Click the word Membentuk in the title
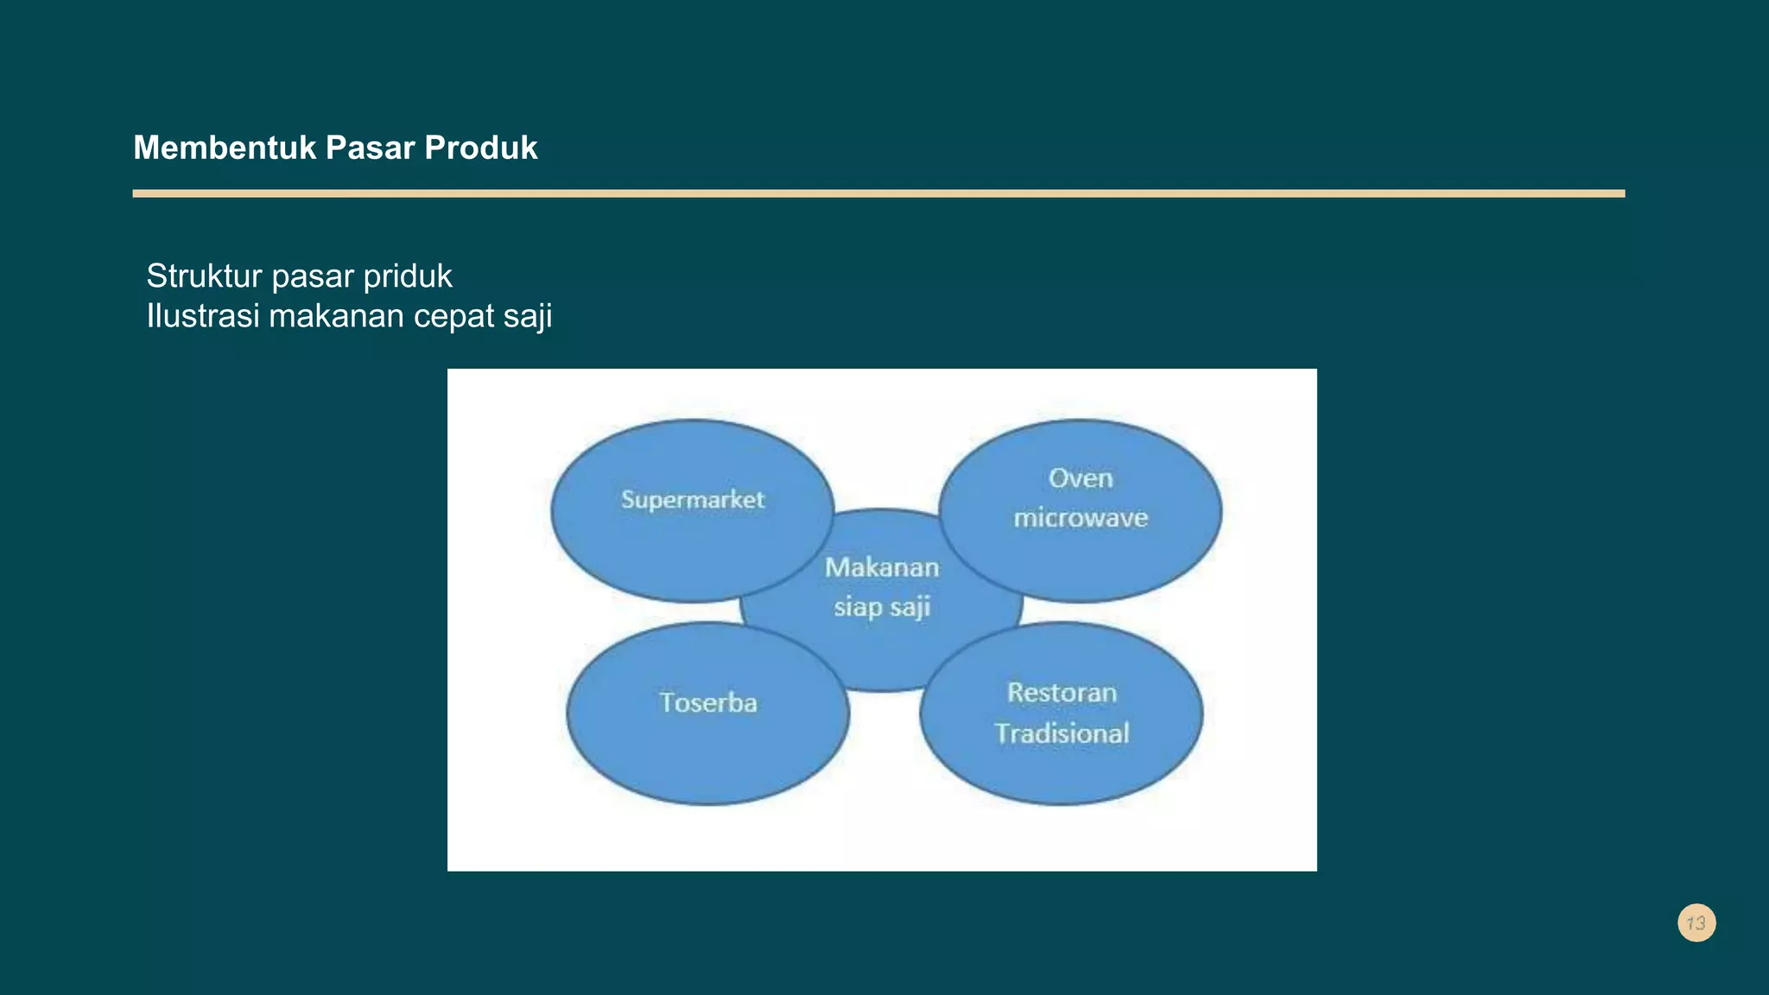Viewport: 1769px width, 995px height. coord(225,148)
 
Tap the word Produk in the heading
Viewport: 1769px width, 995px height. coord(481,148)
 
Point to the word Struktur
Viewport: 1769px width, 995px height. coord(204,276)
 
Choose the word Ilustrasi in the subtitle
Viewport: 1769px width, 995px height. coord(203,316)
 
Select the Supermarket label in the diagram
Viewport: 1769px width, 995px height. coord(693,500)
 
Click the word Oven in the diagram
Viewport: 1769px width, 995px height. coord(1081,478)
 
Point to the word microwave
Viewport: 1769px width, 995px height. coord(1081,518)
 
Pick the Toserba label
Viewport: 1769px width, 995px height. coord(708,702)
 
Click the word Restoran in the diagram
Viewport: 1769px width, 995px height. coord(1062,693)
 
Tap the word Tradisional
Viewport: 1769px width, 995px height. coord(1062,733)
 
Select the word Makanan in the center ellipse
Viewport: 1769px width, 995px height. coord(882,567)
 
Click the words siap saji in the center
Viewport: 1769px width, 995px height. coord(882,607)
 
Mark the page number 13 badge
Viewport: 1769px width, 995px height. coord(1696,923)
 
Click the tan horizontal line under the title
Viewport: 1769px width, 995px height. coord(878,193)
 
